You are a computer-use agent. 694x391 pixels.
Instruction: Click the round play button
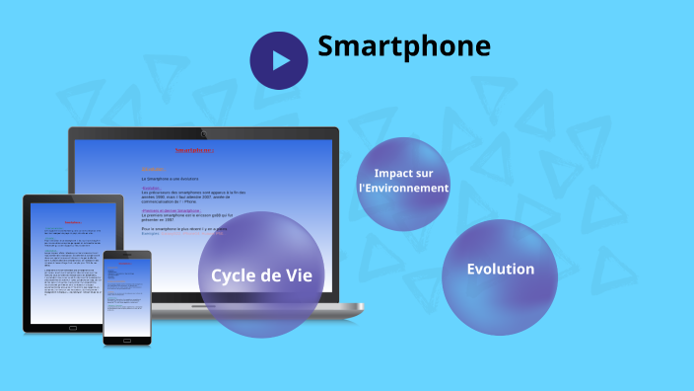(279, 60)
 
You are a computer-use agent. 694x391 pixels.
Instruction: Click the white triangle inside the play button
(282, 60)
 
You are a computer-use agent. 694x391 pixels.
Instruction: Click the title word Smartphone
(403, 45)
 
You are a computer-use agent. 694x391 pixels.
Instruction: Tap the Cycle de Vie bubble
(261, 274)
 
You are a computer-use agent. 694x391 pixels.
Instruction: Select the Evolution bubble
(501, 276)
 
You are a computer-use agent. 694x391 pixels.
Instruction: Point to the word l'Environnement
(403, 188)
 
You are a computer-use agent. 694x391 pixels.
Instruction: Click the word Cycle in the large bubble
(235, 275)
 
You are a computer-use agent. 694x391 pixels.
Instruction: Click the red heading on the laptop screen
(194, 151)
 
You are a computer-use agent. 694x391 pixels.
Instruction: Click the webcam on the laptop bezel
(202, 133)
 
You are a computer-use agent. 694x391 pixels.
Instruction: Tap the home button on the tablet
(73, 327)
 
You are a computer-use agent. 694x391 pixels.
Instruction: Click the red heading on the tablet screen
(73, 222)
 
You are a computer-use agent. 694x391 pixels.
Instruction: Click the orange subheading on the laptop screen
(151, 170)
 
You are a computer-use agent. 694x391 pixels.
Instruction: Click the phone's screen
(127, 296)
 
